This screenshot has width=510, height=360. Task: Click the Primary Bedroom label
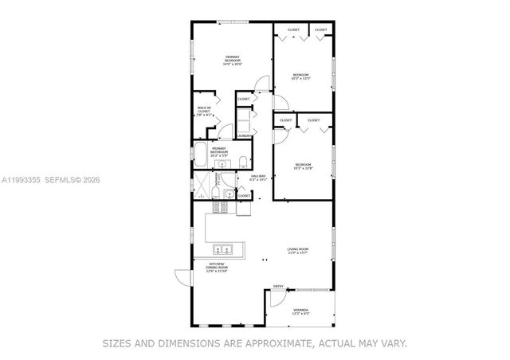(233, 60)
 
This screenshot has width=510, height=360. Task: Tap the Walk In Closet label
(204, 112)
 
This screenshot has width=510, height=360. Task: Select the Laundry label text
(244, 136)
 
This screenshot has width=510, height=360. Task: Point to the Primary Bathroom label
(219, 151)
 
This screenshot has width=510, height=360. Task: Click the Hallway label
(258, 178)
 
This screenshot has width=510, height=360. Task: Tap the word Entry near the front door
(278, 286)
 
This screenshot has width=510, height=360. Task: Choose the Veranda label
(299, 311)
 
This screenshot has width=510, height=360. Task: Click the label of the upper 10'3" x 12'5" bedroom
(300, 77)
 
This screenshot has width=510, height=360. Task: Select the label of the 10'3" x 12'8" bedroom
(303, 166)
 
